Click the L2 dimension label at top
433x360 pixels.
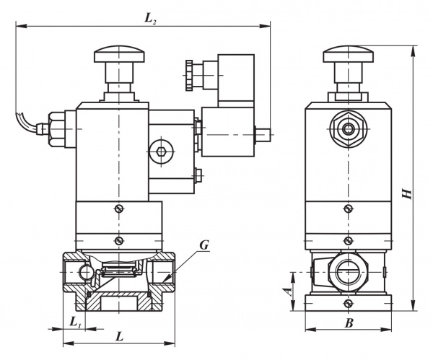(x=151, y=19)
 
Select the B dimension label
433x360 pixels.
(x=349, y=323)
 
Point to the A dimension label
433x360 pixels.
(x=288, y=291)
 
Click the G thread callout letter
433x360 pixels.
(x=204, y=245)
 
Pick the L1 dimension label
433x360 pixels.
(x=75, y=322)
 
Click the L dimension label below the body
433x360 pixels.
(x=119, y=336)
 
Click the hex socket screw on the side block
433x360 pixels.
(x=161, y=152)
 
